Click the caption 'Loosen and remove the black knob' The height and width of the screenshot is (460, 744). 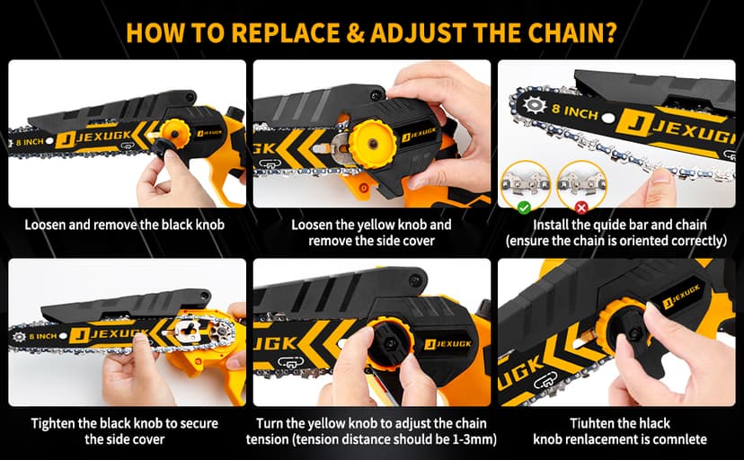[124, 225]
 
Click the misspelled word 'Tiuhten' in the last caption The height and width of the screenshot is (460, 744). [592, 423]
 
